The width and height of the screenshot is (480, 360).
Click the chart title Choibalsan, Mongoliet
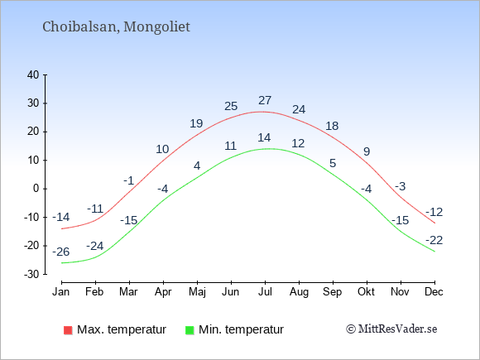click(116, 27)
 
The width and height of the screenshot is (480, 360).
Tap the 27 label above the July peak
click(265, 100)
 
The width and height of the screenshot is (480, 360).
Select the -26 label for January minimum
click(61, 252)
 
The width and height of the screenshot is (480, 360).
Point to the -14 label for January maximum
click(61, 217)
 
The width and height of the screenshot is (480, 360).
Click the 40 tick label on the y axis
click(33, 74)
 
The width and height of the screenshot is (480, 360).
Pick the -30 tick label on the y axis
click(31, 274)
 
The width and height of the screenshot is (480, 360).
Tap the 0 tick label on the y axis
click(36, 189)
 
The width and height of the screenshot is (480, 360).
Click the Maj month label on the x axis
click(197, 292)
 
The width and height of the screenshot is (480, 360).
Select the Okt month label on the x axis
click(366, 292)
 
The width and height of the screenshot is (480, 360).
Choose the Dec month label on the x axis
click(434, 292)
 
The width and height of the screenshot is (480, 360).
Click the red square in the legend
click(68, 330)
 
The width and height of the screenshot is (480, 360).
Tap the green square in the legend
click(190, 330)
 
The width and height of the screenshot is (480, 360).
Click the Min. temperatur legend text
click(241, 329)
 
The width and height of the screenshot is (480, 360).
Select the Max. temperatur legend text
click(122, 329)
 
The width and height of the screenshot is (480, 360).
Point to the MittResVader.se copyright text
click(391, 329)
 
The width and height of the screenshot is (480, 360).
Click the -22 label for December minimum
click(434, 240)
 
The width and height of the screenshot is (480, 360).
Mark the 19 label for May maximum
click(196, 123)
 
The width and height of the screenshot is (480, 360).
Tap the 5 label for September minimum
click(333, 163)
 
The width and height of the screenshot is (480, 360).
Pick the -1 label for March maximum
click(129, 180)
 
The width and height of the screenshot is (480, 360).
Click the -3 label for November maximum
click(400, 186)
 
